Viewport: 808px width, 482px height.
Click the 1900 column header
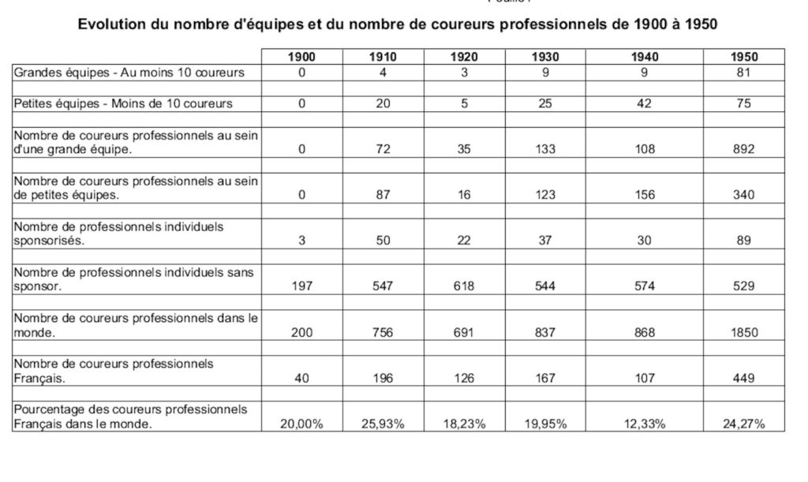click(302, 57)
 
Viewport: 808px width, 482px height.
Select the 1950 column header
click(744, 57)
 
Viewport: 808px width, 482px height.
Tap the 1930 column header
click(545, 57)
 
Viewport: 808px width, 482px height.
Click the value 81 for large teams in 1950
click(744, 73)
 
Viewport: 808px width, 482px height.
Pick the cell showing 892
click(744, 149)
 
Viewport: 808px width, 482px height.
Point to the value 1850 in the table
click(744, 332)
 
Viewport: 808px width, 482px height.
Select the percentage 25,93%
click(383, 424)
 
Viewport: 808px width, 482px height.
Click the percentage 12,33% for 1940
click(645, 424)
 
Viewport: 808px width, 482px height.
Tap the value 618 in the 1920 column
click(464, 286)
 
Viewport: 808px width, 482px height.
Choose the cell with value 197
click(302, 286)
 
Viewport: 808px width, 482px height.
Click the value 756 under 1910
click(383, 332)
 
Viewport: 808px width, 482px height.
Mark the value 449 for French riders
click(744, 378)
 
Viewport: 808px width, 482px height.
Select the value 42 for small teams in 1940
click(645, 103)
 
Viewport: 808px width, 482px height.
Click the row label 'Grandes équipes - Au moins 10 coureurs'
click(129, 73)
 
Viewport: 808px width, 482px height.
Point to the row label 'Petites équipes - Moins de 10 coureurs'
click(124, 103)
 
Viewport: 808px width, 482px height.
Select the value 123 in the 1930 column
click(545, 195)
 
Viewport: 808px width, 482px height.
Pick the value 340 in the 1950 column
click(744, 195)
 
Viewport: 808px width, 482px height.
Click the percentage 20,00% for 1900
click(302, 424)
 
